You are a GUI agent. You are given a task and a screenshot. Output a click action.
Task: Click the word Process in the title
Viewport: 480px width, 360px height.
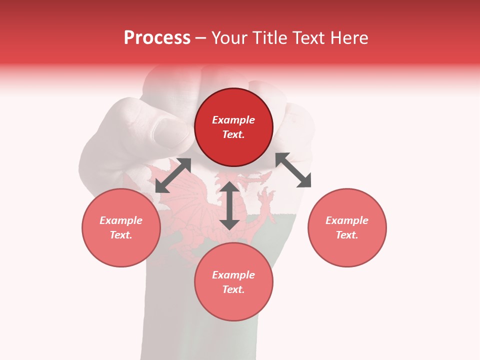click(x=157, y=38)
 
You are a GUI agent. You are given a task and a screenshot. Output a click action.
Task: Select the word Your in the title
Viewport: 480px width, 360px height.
click(x=232, y=38)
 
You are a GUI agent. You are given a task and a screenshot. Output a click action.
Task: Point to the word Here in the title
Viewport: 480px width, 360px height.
click(x=349, y=38)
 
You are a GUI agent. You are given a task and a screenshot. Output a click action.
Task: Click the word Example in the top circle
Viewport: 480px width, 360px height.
click(x=233, y=120)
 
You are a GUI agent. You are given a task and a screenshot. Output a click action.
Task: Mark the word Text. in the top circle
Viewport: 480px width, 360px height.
click(x=233, y=134)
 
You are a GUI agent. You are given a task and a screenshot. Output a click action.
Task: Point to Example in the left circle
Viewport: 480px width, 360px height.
click(x=121, y=220)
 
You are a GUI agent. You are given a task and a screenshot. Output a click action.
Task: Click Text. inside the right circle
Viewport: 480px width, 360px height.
click(x=347, y=235)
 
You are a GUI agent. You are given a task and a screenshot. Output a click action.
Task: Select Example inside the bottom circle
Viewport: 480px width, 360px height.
click(x=233, y=275)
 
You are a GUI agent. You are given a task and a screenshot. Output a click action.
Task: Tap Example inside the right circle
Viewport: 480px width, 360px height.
click(x=347, y=220)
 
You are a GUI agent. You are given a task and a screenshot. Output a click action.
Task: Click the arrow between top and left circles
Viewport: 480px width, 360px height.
click(x=173, y=175)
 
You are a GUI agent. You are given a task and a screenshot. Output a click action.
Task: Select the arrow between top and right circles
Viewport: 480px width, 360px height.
click(x=293, y=170)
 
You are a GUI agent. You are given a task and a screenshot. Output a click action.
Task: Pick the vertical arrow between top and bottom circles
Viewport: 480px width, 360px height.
click(x=229, y=205)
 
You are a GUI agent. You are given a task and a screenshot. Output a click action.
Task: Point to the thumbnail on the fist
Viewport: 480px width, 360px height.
click(x=167, y=133)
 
